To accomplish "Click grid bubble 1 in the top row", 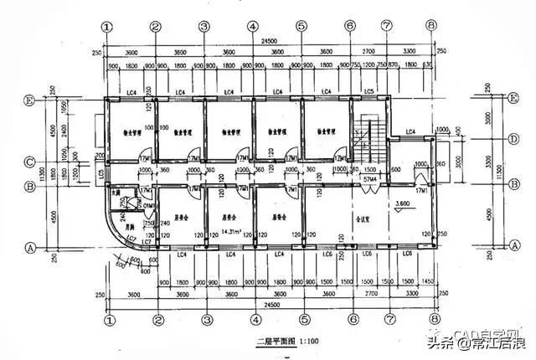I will pos(106,26).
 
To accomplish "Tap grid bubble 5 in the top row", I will pos(301,26).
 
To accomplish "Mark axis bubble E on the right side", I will pos(489,99).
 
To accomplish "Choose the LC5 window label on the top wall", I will pos(368,90).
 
